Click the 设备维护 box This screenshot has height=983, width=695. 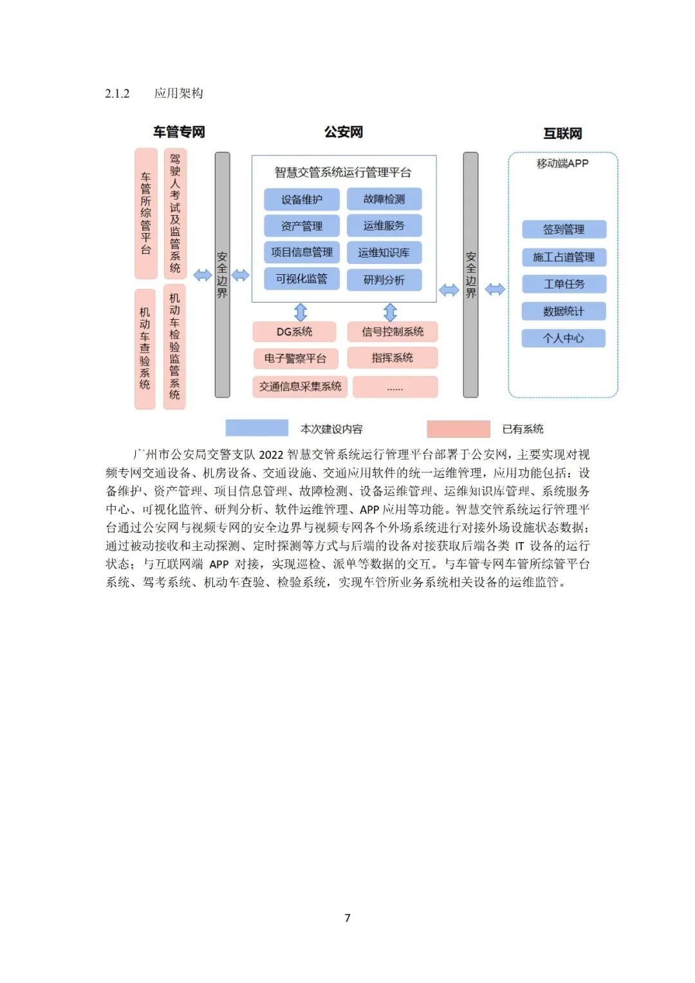(301, 200)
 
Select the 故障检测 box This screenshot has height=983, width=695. (384, 199)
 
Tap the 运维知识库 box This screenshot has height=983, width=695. (384, 252)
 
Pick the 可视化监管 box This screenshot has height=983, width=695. (301, 279)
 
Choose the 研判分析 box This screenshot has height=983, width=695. (384, 280)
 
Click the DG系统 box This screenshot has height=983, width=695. (294, 332)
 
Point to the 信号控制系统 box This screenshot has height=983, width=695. (393, 332)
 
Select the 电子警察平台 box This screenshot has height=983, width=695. (295, 359)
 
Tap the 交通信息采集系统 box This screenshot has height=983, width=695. (300, 386)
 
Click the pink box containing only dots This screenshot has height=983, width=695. (395, 387)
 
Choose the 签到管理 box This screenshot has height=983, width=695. (564, 229)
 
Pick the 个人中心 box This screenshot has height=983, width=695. (564, 338)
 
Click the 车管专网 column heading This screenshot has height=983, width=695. (179, 132)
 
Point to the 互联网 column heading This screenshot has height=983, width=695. (562, 133)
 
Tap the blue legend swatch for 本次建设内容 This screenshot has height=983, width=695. (257, 428)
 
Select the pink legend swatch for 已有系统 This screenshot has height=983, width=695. (458, 429)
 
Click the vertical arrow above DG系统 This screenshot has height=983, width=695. (301, 312)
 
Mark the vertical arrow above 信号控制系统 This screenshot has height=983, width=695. (390, 312)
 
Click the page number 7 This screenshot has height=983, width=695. (347, 918)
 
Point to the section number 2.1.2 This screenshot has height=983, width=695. (117, 94)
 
